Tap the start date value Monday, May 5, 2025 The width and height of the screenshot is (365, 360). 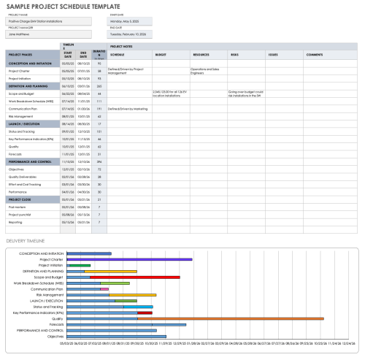pyautogui.click(x=126, y=22)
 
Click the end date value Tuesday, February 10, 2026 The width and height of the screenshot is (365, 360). pyautogui.click(x=129, y=34)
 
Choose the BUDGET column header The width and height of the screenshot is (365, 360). pyautogui.click(x=161, y=55)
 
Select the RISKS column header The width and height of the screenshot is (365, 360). pyautogui.click(x=234, y=55)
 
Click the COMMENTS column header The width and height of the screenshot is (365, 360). pyautogui.click(x=315, y=55)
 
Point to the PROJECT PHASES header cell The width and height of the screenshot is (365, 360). pyautogui.click(x=21, y=55)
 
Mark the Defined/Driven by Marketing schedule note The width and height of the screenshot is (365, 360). pyautogui.click(x=128, y=108)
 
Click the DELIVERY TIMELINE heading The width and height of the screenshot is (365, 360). pyautogui.click(x=26, y=240)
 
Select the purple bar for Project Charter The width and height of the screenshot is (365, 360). pyautogui.click(x=153, y=259)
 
